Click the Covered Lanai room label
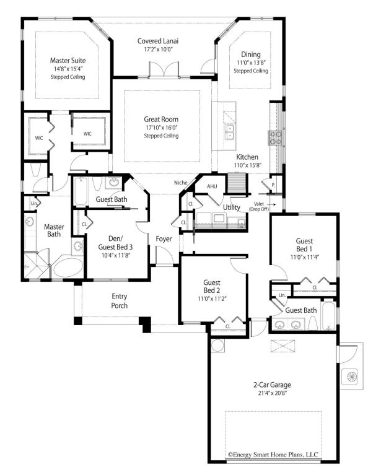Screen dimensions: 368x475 (x=158, y=41)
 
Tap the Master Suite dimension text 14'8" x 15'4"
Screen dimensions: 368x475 (x=68, y=69)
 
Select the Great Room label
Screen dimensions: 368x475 (x=161, y=120)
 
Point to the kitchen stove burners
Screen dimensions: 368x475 (x=276, y=137)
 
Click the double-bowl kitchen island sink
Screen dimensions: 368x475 (x=230, y=132)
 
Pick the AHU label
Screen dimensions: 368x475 (x=212, y=186)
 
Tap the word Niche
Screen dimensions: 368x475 (x=181, y=182)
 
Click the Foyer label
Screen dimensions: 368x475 (x=164, y=238)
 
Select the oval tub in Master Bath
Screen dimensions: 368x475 (x=68, y=268)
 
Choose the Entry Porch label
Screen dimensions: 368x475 (x=120, y=301)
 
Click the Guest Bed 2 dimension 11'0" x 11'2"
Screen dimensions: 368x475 (x=212, y=299)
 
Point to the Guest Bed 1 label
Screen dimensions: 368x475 (x=304, y=245)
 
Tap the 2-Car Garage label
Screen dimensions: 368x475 (x=272, y=385)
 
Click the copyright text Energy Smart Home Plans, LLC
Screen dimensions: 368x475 (x=273, y=455)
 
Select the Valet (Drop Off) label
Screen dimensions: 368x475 (x=259, y=207)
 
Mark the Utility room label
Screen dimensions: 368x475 (x=232, y=207)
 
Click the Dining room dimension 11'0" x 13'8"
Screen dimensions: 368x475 (x=252, y=63)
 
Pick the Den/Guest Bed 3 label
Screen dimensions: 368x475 (x=115, y=243)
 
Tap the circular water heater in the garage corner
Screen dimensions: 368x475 (x=218, y=346)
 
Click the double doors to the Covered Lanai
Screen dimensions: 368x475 (x=164, y=70)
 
